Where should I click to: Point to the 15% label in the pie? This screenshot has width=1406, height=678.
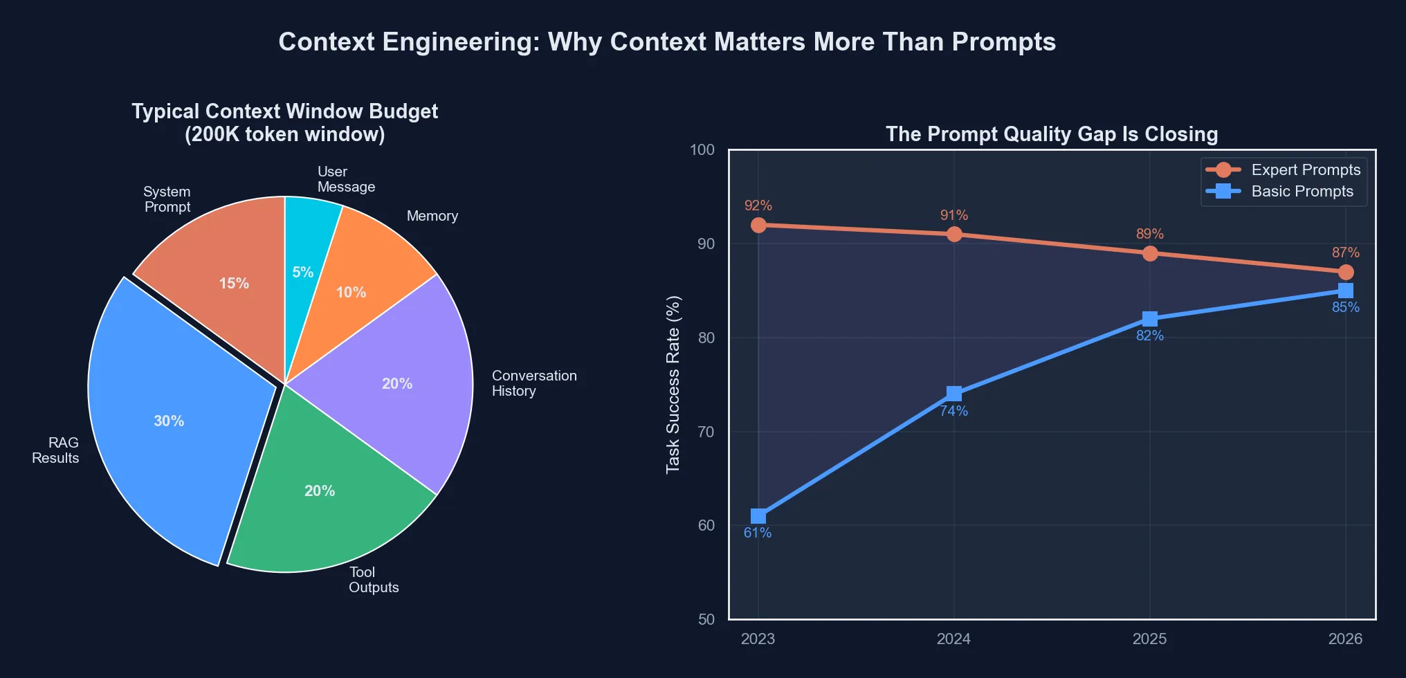234,284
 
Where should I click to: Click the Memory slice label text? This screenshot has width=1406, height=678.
432,216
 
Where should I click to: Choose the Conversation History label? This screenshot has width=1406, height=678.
534,383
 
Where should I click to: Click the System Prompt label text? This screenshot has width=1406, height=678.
167,199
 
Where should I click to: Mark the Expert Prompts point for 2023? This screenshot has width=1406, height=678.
758,225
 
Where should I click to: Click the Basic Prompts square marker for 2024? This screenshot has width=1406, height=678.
954,394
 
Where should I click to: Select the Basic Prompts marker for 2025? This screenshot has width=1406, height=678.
1150,319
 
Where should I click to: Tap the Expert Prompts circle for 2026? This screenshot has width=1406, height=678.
1346,272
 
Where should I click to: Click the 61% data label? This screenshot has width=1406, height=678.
758,533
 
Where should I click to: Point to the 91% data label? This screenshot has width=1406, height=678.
954,215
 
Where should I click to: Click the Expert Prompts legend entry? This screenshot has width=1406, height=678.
1284,170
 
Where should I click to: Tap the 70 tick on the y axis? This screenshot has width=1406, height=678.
706,432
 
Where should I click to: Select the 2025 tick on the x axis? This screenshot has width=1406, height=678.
1149,639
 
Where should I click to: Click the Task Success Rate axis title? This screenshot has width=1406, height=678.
673,385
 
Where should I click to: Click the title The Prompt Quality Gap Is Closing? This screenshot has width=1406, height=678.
1052,134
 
